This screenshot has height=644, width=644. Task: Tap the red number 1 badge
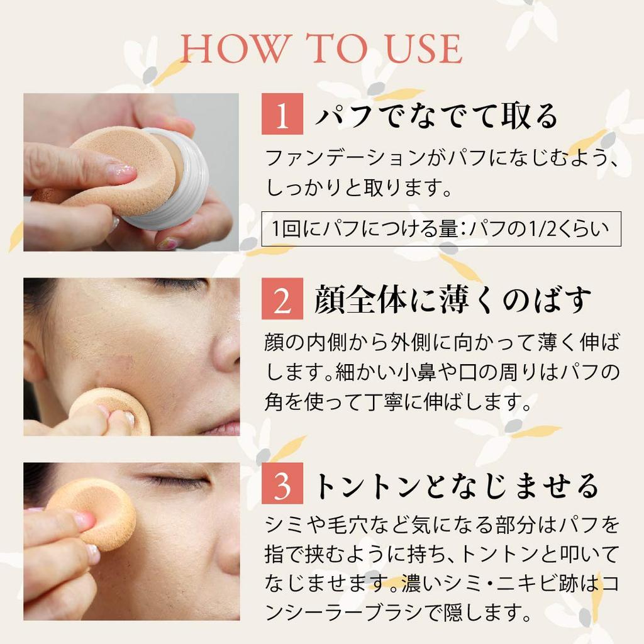pos(282,116)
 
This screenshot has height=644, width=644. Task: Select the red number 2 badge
pos(282,300)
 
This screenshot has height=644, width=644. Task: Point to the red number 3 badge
pos(282,486)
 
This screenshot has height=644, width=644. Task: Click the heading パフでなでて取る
pos(436,116)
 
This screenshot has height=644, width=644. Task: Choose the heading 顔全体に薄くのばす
pos(453,300)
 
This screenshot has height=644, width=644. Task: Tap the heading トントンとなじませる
pos(455,486)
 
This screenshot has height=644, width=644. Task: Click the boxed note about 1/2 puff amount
pos(441,228)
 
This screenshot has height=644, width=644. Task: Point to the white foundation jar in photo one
pos(189,182)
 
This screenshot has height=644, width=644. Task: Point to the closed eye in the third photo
pos(176,481)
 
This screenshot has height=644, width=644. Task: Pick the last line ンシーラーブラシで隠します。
pos(394,611)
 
